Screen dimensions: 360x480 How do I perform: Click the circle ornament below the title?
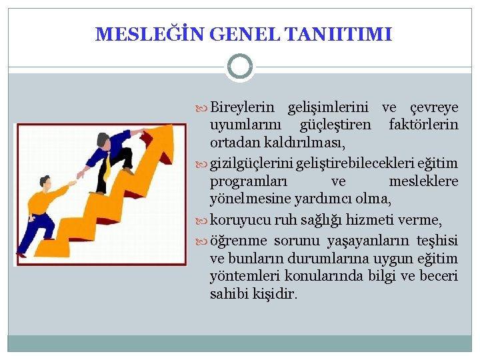240,67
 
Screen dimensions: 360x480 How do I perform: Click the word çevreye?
433,108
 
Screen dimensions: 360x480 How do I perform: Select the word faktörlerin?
423,125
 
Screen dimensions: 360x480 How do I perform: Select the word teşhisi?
437,241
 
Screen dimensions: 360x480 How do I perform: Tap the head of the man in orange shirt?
45,181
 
